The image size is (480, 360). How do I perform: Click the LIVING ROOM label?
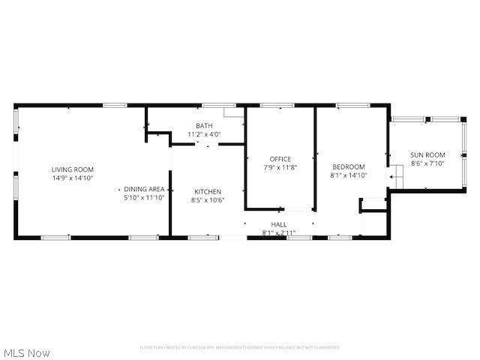tap(73, 169)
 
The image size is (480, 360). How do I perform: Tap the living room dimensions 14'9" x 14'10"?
tap(73, 178)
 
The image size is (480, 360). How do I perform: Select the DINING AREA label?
tap(144, 189)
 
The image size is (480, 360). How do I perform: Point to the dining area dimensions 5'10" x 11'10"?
tap(144, 198)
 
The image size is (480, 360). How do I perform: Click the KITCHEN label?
tap(207, 192)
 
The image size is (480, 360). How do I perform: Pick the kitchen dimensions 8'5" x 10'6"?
tap(207, 200)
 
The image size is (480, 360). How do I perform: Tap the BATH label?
tap(204, 126)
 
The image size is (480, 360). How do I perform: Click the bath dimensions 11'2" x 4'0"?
tap(204, 134)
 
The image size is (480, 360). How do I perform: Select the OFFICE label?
tap(280, 159)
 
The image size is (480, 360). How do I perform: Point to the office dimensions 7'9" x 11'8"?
tap(280, 167)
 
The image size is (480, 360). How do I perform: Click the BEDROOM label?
tap(349, 166)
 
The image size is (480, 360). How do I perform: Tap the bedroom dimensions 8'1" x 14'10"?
tap(349, 175)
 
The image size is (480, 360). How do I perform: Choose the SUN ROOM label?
tap(427, 155)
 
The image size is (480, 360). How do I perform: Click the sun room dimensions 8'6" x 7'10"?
tap(427, 163)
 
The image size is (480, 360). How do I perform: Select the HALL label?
tap(278, 225)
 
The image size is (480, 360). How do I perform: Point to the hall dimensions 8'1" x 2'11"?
tap(278, 233)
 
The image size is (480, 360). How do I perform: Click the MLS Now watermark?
tap(26, 352)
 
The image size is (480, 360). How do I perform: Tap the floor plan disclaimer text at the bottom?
tap(240, 348)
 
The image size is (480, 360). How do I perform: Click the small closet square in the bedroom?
tap(373, 205)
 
